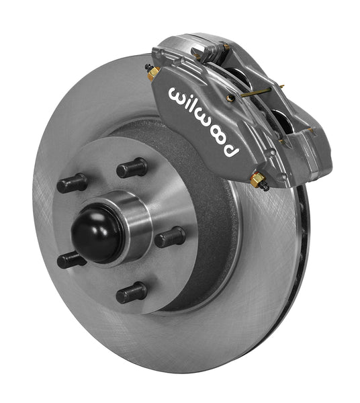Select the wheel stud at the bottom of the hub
(x=132, y=292)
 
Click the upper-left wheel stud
(x=72, y=183)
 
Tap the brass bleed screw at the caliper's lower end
(x=257, y=180)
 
